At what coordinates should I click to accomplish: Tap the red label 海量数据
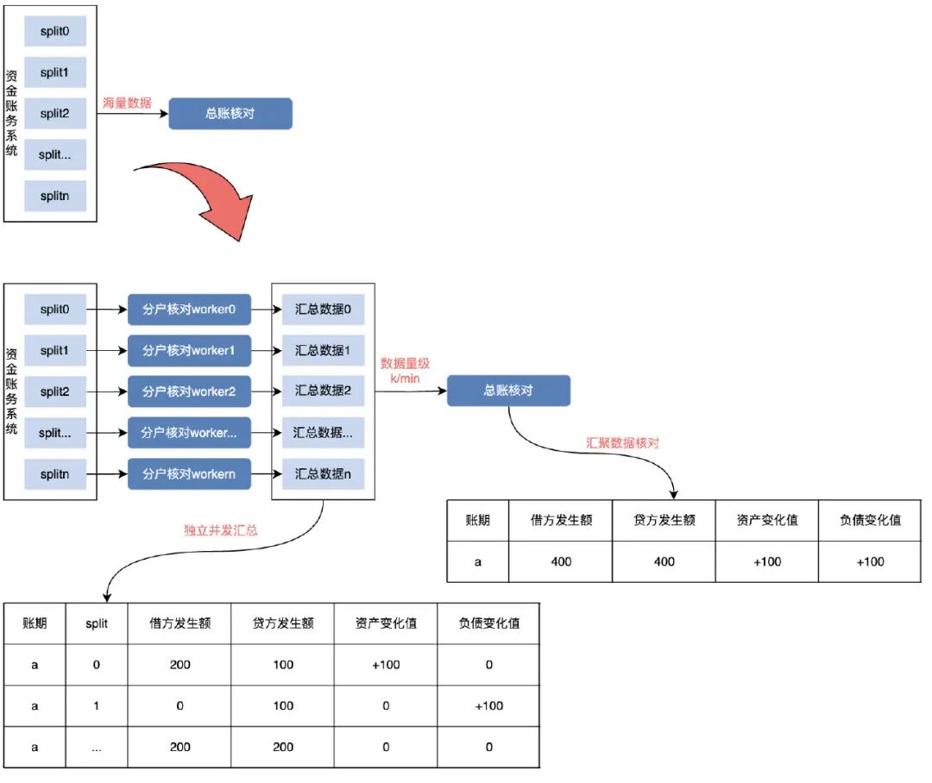click(x=127, y=103)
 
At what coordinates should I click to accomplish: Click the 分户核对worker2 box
click(x=189, y=391)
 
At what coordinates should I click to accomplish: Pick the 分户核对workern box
click(x=189, y=473)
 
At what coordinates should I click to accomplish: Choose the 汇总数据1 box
click(x=323, y=351)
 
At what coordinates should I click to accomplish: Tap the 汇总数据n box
click(x=323, y=473)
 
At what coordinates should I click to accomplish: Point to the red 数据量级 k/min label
click(x=406, y=371)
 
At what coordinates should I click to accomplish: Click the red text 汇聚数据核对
click(x=621, y=442)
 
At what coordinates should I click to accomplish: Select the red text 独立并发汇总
click(x=221, y=530)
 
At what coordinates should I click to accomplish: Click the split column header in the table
click(x=98, y=623)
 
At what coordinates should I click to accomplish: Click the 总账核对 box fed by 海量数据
click(x=230, y=114)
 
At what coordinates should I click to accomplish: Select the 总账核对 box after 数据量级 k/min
click(x=508, y=391)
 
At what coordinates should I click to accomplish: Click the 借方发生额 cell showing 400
click(x=560, y=561)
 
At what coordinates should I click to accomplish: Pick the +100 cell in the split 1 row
click(x=488, y=705)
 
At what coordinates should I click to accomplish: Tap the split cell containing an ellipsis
click(x=98, y=747)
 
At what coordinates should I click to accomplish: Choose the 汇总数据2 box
click(x=323, y=391)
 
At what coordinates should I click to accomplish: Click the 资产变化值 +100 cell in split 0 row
click(x=386, y=665)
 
